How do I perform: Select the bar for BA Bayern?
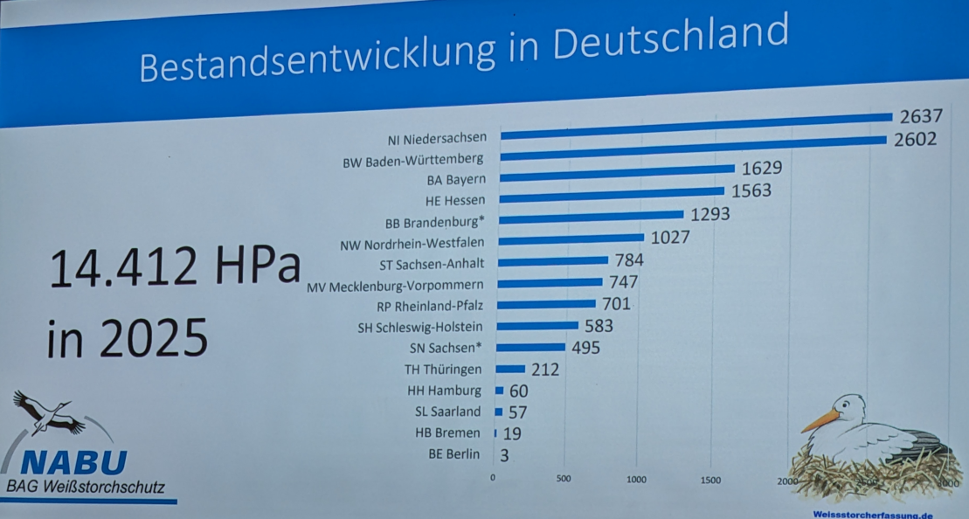click(x=617, y=171)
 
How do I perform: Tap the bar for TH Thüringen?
click(x=510, y=370)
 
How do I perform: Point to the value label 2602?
click(x=915, y=140)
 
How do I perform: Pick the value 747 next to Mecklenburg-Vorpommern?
click(x=623, y=282)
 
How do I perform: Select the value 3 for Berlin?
click(x=505, y=454)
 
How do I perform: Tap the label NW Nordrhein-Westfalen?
click(x=412, y=244)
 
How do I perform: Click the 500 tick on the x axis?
click(x=563, y=478)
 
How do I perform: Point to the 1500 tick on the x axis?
click(x=710, y=480)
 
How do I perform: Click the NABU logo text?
click(x=74, y=462)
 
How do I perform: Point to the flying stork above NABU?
click(x=46, y=413)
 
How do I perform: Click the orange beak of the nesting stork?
click(x=819, y=422)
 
